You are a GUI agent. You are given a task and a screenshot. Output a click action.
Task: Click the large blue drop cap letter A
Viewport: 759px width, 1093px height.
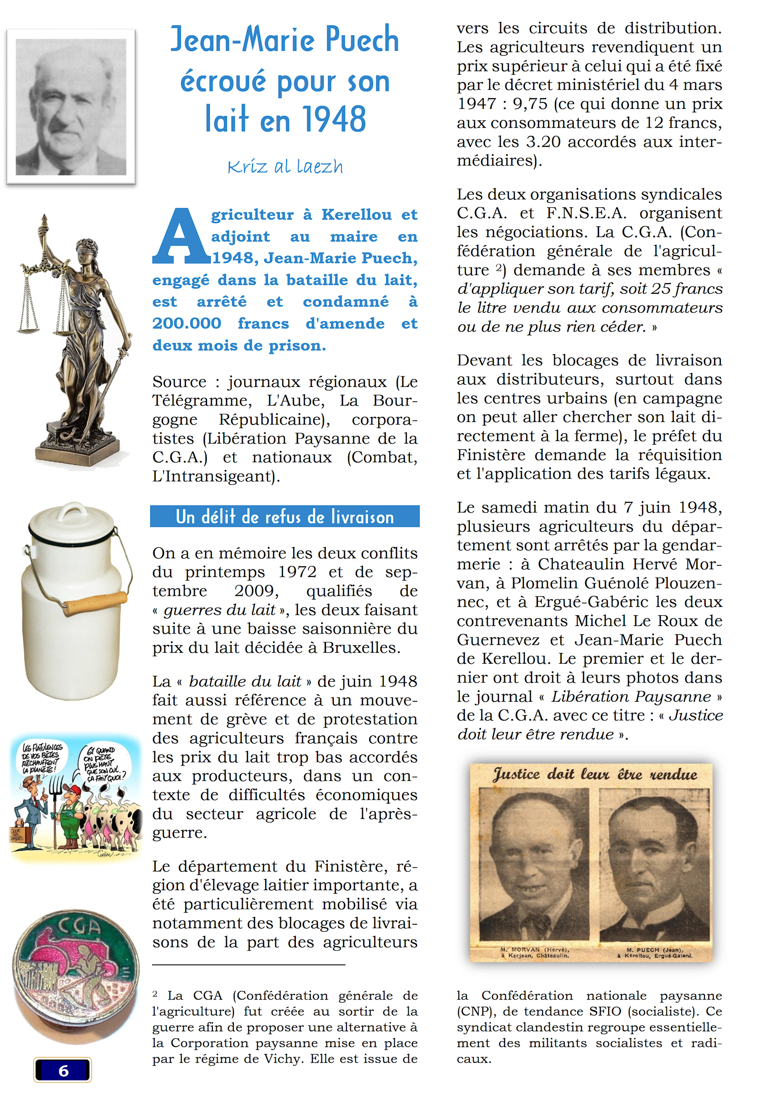pyautogui.click(x=181, y=237)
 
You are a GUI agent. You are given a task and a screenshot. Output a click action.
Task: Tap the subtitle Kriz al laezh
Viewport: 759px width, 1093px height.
pyautogui.click(x=285, y=167)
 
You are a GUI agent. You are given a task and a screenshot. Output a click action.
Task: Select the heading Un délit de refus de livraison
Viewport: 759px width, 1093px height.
pyautogui.click(x=284, y=516)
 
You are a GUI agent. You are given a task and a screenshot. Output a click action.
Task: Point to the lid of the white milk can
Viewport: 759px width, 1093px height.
pyautogui.click(x=71, y=521)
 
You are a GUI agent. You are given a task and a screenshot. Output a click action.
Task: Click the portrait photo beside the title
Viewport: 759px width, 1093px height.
pyautogui.click(x=71, y=107)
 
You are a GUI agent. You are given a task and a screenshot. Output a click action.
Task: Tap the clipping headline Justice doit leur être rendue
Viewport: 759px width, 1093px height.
pyautogui.click(x=594, y=774)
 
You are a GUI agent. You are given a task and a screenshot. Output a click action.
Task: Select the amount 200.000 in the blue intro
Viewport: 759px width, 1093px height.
pyautogui.click(x=187, y=324)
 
